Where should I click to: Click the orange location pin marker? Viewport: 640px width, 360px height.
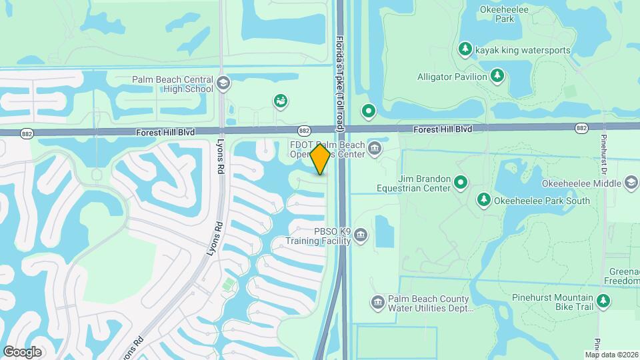321,159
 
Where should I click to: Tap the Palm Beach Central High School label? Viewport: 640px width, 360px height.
172,85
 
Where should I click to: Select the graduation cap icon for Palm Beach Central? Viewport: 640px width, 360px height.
223,83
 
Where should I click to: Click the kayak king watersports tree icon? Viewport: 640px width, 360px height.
465,49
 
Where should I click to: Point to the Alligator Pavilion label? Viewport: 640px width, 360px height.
452,77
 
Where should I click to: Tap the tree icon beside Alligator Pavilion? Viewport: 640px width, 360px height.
497,76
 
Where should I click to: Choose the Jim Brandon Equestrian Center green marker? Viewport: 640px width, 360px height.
461,182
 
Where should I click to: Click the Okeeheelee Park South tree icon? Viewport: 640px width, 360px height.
484,199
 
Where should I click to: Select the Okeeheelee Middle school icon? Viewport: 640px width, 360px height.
631,183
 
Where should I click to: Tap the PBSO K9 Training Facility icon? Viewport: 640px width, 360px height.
361,235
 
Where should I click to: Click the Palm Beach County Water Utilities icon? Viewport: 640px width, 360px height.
377,303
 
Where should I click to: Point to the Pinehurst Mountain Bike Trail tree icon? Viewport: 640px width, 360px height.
603,302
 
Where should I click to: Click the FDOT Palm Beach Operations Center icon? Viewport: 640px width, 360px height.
375,147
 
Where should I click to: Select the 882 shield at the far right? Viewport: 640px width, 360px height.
581,127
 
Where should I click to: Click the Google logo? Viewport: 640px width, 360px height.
22,352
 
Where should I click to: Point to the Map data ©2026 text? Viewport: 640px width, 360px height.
611,355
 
